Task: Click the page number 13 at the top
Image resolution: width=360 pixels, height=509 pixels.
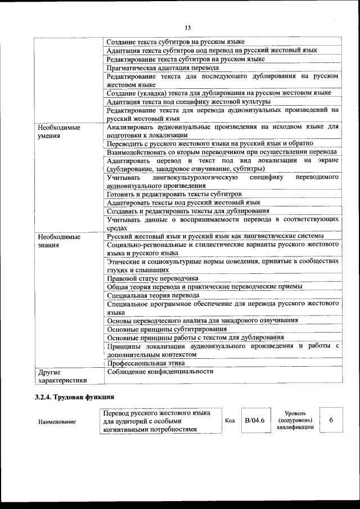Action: (187, 28)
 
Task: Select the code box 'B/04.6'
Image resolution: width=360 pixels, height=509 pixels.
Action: (254, 421)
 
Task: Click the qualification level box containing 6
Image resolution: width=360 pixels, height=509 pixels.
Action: (331, 420)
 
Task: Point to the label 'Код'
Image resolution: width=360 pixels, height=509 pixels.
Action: (230, 421)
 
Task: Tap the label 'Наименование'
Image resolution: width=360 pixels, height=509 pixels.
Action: (57, 421)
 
